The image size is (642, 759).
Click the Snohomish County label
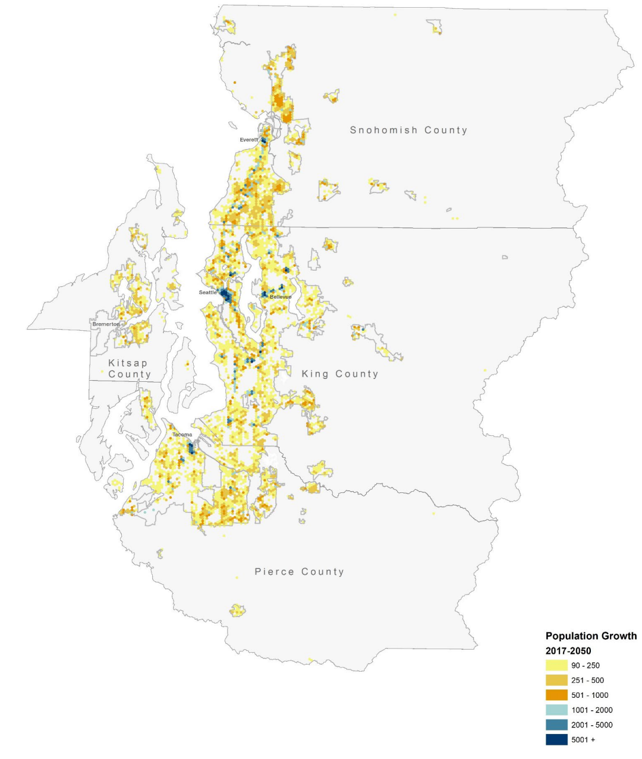408,130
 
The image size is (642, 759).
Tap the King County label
340,374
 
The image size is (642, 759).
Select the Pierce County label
299,571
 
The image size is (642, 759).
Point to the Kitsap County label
129,368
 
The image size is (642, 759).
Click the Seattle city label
207,292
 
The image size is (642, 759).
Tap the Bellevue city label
281,296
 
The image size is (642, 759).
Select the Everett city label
248,140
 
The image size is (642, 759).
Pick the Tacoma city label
182,435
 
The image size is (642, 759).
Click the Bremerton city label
106,324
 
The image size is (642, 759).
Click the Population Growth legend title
590,636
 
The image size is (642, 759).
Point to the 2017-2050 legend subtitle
568,651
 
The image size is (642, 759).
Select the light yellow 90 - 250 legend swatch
556,666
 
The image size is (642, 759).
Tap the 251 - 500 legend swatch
556,681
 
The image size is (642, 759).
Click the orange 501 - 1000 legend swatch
556,695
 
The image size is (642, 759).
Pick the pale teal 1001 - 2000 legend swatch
556,710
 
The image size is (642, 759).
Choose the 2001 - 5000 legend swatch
556,725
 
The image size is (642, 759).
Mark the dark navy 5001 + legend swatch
556,740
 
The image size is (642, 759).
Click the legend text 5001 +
583,740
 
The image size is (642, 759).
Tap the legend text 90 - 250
586,666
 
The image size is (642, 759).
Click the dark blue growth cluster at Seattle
225,295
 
